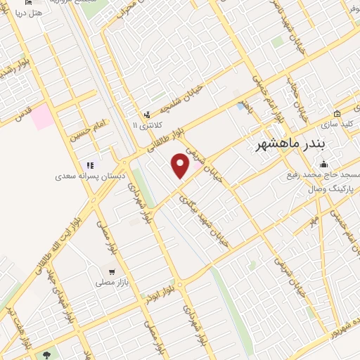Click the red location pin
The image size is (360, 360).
[x=181, y=166]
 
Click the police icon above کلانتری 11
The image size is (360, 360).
[x=146, y=114]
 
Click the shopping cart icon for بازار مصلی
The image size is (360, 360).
[x=111, y=271]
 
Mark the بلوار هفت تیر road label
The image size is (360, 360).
[x=19, y=321]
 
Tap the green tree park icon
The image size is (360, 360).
[x=47, y=355]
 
